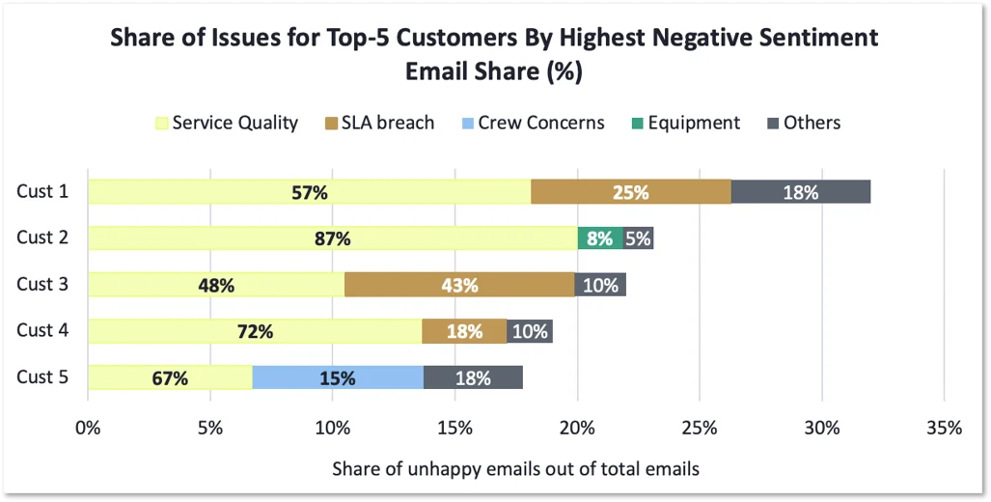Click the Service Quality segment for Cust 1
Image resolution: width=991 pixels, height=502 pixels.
309,192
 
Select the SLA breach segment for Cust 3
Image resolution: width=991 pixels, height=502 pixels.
459,285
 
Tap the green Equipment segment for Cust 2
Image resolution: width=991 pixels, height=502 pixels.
600,238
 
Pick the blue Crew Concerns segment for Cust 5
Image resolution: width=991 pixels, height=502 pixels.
338,377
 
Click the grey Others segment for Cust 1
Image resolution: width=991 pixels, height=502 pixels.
800,192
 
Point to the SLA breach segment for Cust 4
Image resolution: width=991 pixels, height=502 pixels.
464,331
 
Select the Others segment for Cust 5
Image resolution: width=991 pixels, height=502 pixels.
473,377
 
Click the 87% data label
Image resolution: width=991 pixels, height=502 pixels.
332,238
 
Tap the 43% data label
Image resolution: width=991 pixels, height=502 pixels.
460,285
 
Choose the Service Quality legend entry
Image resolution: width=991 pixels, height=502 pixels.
228,123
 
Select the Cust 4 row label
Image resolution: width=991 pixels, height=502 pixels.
42,330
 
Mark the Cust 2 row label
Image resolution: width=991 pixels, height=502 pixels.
42,237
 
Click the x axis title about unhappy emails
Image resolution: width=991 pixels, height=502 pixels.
515,469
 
